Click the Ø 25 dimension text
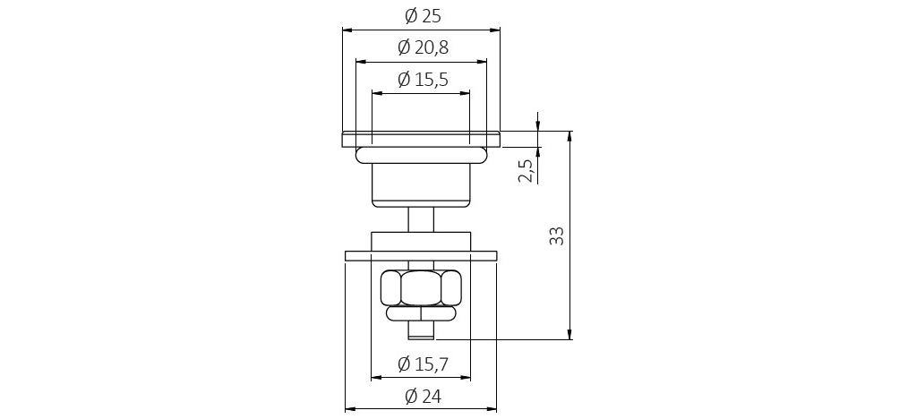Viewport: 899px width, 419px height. point(422,16)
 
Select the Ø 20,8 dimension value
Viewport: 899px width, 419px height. point(422,47)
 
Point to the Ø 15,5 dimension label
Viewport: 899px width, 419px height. point(422,80)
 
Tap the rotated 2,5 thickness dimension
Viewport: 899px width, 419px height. point(527,167)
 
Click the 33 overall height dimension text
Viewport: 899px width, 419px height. point(556,235)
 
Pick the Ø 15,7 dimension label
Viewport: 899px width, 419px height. point(422,364)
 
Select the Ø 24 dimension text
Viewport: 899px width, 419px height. point(422,396)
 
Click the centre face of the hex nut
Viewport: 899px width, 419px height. point(421,288)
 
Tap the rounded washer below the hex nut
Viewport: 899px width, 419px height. point(421,314)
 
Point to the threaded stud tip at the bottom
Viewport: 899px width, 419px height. point(421,331)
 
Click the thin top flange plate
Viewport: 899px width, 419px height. point(421,139)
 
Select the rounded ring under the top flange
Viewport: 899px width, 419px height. point(421,155)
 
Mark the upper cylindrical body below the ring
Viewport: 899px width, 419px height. point(421,183)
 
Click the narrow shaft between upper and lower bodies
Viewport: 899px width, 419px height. point(421,218)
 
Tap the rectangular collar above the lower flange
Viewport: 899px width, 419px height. point(421,241)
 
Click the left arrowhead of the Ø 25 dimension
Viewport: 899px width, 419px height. point(347,30)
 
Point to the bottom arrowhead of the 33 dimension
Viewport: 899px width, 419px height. point(569,335)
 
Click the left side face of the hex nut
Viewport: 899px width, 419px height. point(390,288)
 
